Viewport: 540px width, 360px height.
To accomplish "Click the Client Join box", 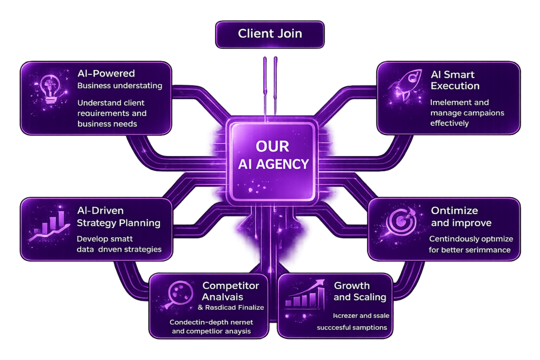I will pos(269,34).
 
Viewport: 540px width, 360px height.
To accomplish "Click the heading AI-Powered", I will pos(106,74).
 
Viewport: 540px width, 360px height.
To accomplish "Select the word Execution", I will pos(455,86).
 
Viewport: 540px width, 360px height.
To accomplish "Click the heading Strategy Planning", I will pos(119,223).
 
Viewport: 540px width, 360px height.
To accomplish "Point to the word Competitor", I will pos(231,286).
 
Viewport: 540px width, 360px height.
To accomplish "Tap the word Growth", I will pos(352,286).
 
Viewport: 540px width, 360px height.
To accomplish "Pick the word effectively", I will pos(449,123).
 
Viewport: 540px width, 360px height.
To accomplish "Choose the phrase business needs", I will pos(107,124).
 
